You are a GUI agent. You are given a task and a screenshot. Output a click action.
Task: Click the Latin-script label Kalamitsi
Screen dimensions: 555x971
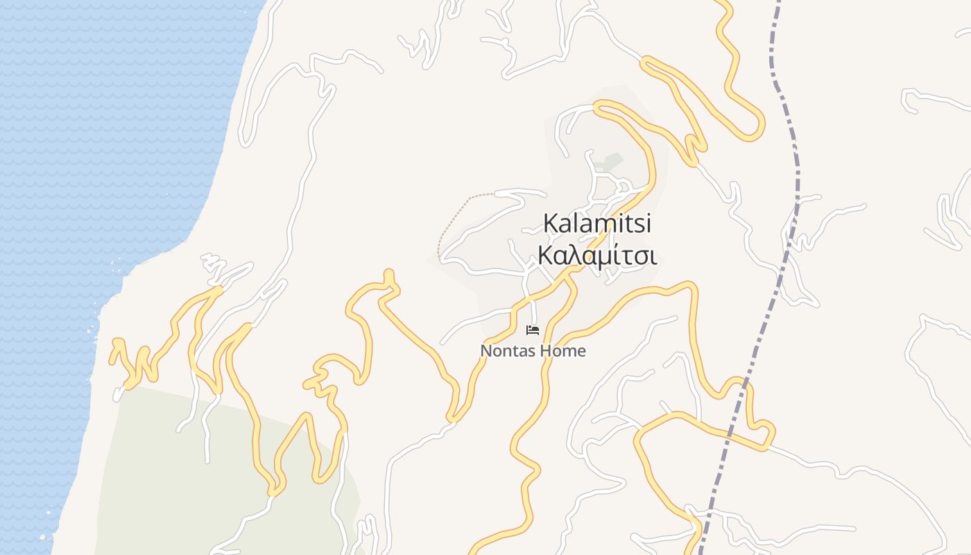[x=597, y=223]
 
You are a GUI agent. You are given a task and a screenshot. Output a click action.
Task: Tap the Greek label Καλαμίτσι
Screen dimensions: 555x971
[x=597, y=256]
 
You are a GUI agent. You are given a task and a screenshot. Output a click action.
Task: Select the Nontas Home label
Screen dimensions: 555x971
[x=533, y=351]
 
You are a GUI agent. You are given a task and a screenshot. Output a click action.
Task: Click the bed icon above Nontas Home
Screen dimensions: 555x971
[x=533, y=330]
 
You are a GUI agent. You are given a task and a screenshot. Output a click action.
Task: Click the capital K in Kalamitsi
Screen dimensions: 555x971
[x=551, y=223]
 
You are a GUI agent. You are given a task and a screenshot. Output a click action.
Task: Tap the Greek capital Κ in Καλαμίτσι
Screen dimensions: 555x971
[x=546, y=256]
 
